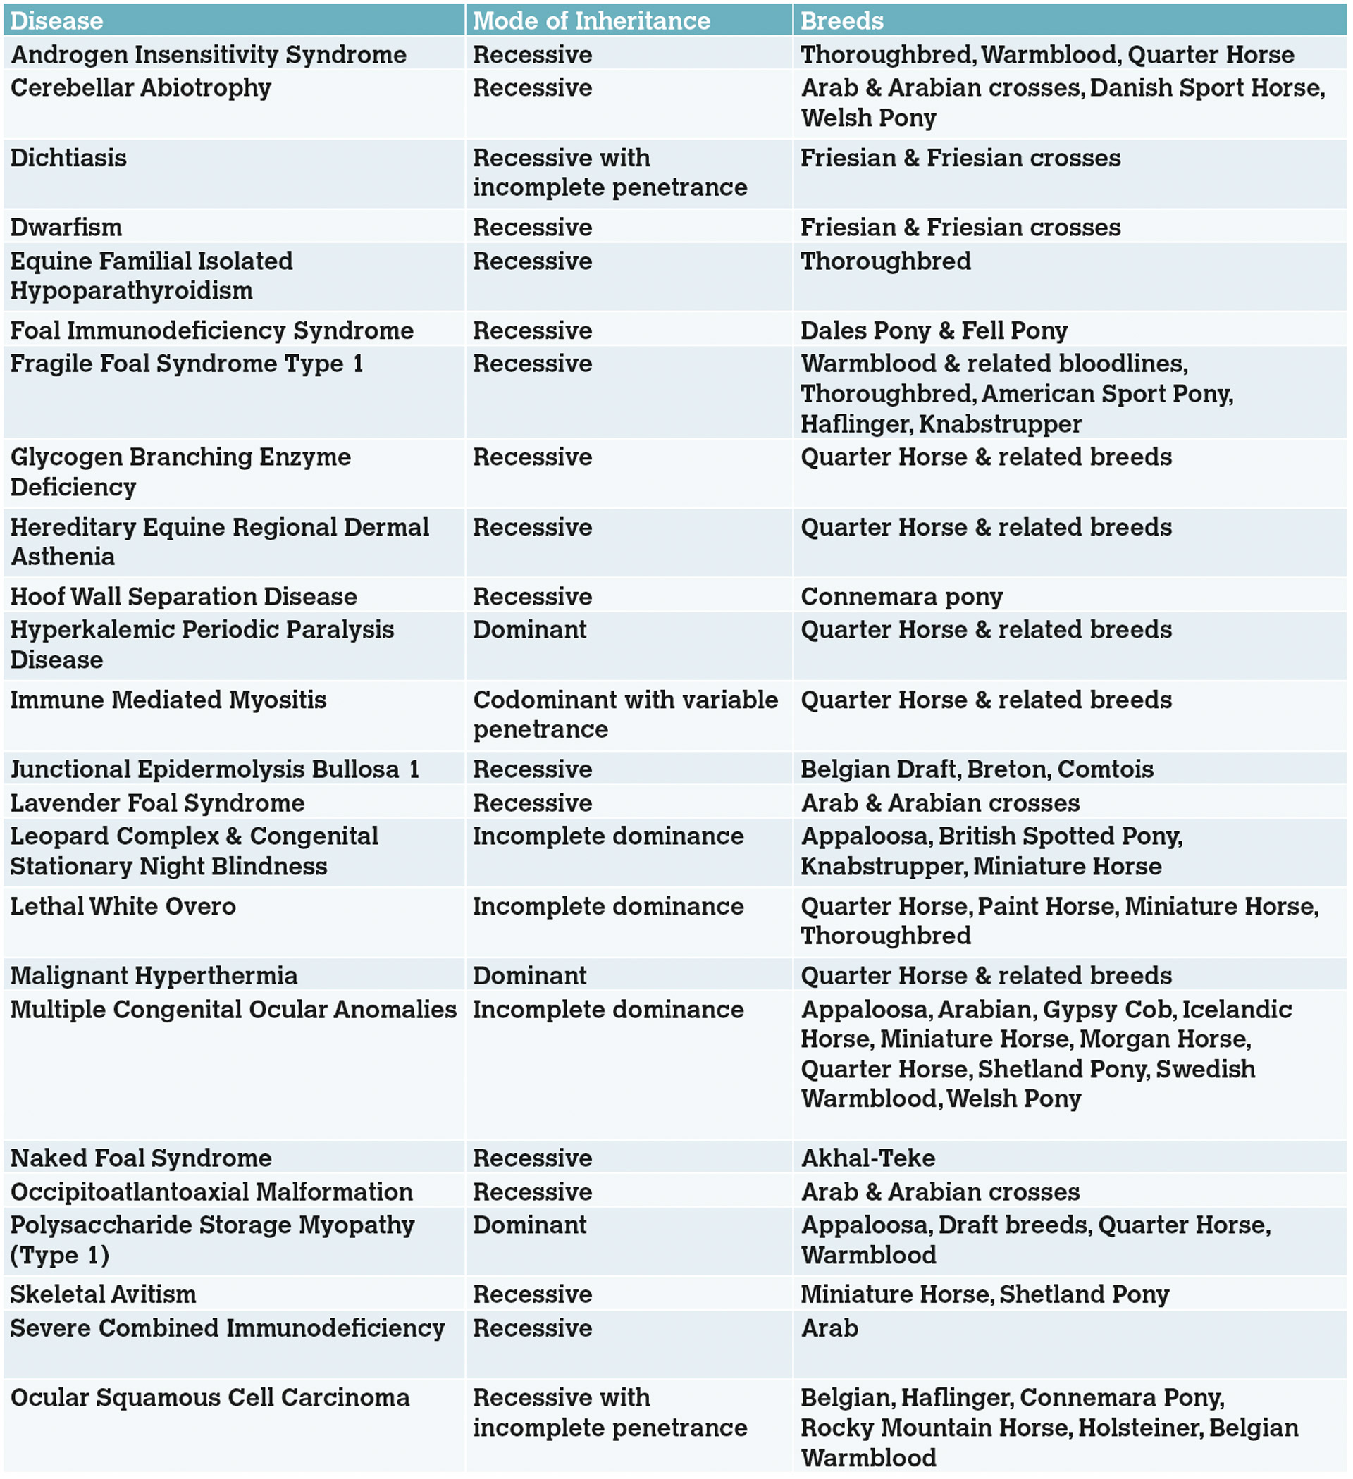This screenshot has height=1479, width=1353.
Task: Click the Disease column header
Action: coord(56,20)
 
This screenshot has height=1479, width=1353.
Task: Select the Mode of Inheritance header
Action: coord(591,20)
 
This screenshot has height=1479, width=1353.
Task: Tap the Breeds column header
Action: coord(841,20)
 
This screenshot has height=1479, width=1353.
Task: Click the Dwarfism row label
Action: coord(66,228)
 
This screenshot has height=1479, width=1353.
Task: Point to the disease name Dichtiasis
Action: coord(68,159)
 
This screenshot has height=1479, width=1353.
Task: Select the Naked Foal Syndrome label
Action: coord(141,1158)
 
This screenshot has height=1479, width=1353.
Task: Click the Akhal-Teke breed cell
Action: coord(868,1158)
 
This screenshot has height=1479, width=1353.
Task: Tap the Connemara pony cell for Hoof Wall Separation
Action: coord(902,596)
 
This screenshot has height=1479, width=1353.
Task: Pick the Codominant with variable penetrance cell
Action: coord(625,714)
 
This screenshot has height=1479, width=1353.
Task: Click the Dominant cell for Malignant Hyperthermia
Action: coord(530,976)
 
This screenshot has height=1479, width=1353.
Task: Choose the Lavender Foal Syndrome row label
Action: coord(157,803)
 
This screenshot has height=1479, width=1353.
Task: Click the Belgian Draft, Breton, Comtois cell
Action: coord(977,769)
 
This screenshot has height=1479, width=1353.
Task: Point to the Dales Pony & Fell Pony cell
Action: coord(934,331)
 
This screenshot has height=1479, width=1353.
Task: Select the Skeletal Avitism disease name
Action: coord(103,1294)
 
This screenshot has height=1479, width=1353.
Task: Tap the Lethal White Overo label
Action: coord(123,907)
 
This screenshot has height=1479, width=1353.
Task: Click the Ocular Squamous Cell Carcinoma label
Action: coord(210,1397)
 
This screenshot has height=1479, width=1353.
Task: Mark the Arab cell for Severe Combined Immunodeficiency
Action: coord(829,1328)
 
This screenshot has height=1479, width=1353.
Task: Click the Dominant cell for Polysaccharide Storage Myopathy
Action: coord(530,1225)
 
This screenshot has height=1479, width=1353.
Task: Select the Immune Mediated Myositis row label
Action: coord(168,700)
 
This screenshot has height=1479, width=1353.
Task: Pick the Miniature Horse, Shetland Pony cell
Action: coord(984,1294)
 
